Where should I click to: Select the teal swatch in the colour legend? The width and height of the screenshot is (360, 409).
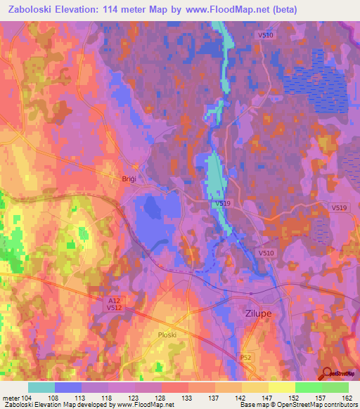tap(41, 387)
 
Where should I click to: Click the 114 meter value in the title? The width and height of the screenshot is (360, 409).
tap(134, 10)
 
